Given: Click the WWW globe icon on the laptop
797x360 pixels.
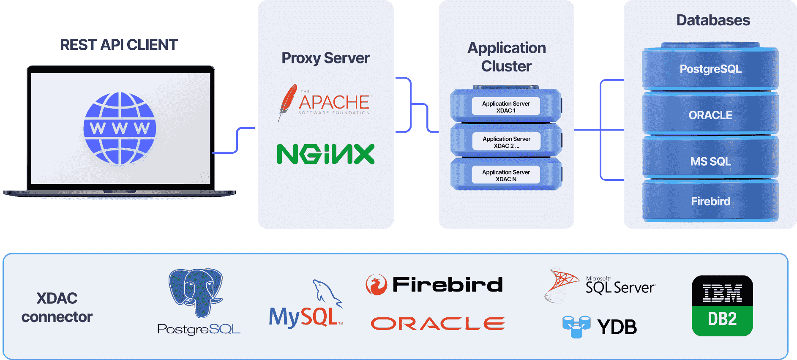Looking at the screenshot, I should pyautogui.click(x=120, y=128).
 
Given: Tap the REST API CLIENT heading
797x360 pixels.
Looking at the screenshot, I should pyautogui.click(x=119, y=45).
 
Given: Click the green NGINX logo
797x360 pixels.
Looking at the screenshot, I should pyautogui.click(x=325, y=154).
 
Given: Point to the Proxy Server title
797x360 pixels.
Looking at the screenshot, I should pyautogui.click(x=325, y=58).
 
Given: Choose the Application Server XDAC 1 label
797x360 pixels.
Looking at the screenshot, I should pyautogui.click(x=506, y=107).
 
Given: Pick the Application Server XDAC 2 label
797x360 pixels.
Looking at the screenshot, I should pyautogui.click(x=506, y=142).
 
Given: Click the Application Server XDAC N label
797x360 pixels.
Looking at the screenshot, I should pyautogui.click(x=506, y=175).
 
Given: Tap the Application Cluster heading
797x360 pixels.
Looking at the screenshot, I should pyautogui.click(x=506, y=57).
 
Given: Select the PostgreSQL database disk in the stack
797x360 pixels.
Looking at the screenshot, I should pyautogui.click(x=710, y=69).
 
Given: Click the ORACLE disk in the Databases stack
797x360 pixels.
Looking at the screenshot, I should pyautogui.click(x=710, y=115).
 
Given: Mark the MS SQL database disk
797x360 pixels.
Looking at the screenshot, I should pyautogui.click(x=710, y=161).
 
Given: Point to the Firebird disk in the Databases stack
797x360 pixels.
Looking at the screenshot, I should pyautogui.click(x=710, y=201).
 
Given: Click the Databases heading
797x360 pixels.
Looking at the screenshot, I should pyautogui.click(x=713, y=20).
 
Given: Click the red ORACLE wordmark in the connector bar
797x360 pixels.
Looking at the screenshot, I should pyautogui.click(x=437, y=324).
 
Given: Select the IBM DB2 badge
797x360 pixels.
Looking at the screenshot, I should pyautogui.click(x=722, y=305).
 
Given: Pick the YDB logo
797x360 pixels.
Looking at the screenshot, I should pyautogui.click(x=600, y=327).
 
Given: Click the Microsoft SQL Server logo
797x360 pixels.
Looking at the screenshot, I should pyautogui.click(x=600, y=286).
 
